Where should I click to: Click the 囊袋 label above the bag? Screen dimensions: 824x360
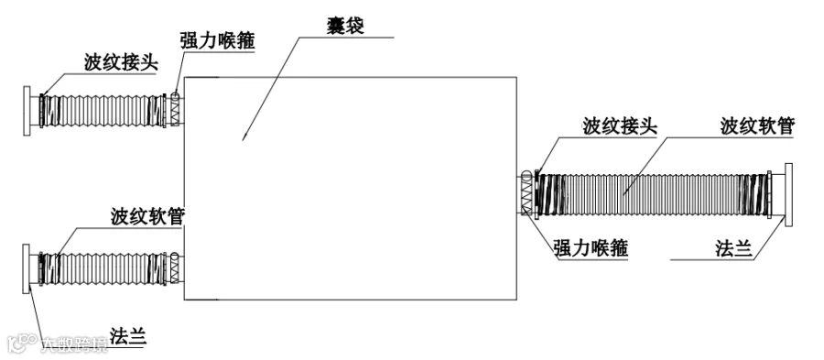(x=345, y=26)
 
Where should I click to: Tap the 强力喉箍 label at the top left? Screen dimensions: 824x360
(x=218, y=41)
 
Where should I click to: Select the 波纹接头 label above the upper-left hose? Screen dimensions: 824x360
(x=121, y=62)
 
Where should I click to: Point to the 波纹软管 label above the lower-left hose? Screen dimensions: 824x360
(x=147, y=216)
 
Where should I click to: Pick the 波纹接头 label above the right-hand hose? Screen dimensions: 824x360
(x=620, y=126)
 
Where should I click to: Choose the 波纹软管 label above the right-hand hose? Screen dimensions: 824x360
(x=757, y=126)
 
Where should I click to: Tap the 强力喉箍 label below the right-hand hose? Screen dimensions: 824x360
(x=591, y=247)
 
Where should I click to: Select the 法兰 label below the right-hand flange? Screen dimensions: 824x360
(x=733, y=247)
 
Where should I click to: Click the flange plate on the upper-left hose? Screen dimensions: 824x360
(x=27, y=111)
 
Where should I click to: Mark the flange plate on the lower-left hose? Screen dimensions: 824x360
(x=27, y=268)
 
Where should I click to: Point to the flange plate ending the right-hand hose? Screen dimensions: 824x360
(x=788, y=194)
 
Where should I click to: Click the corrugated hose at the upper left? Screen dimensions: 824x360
(x=103, y=111)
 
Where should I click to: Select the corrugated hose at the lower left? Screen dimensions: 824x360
(x=103, y=268)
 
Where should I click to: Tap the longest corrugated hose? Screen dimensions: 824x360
(x=652, y=194)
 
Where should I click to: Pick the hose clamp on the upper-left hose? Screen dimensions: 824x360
(x=176, y=110)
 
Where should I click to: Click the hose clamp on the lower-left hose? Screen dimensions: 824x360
(x=176, y=268)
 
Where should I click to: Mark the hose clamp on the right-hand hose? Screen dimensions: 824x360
(x=526, y=193)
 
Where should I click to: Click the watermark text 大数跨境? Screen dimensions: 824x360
(x=74, y=344)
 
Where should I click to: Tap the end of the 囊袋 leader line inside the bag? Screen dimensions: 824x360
(x=243, y=140)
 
